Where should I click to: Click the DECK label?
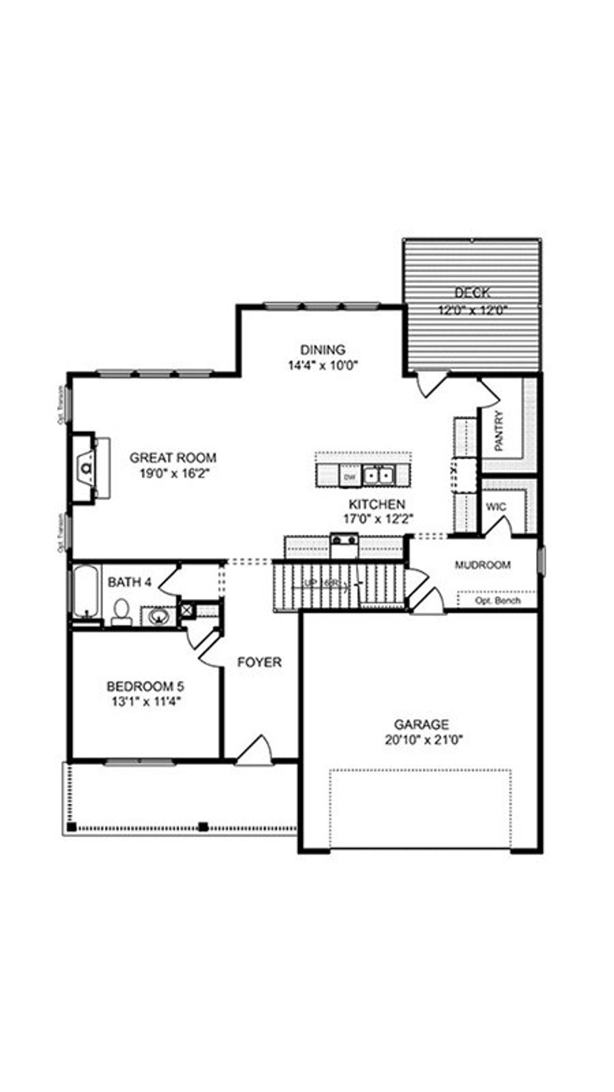472,292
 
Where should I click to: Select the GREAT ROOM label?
173,457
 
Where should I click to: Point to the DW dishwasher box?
350,477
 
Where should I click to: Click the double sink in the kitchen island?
378,475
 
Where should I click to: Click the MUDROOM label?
482,565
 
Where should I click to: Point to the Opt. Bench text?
497,600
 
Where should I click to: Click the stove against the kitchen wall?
344,546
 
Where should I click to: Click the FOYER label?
260,662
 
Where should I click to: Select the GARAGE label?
421,724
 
